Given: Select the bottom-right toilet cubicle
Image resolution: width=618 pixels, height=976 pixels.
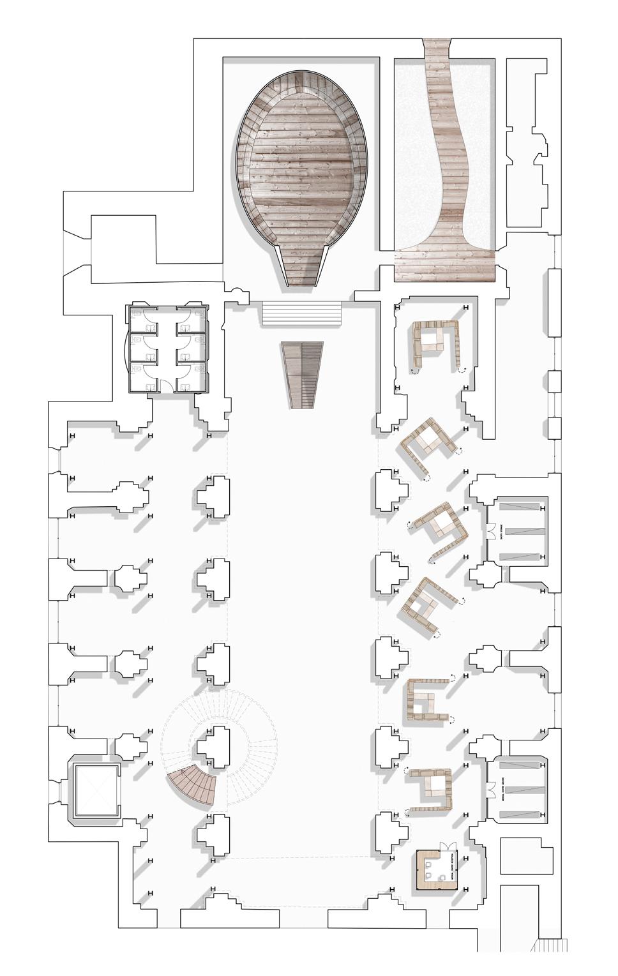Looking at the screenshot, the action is [x=193, y=377].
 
